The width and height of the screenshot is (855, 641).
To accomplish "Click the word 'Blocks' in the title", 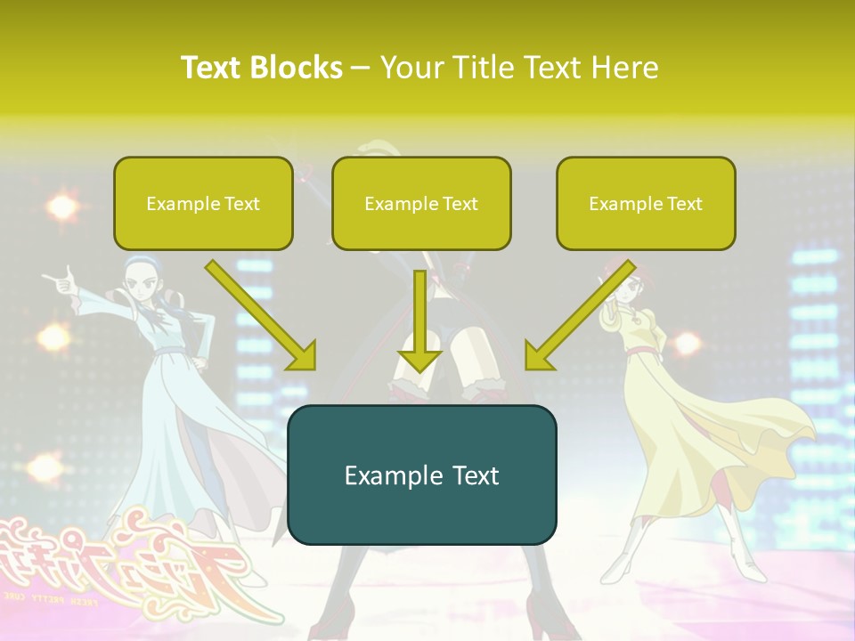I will (x=296, y=67).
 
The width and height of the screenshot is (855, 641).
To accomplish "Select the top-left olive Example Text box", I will (x=203, y=203).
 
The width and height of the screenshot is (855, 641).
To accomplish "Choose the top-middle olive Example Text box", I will (x=421, y=203).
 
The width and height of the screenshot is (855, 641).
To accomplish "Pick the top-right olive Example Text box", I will (x=646, y=203).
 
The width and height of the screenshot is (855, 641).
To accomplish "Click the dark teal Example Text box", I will (x=421, y=475).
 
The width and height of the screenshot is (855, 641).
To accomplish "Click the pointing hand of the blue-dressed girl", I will (x=61, y=285).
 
